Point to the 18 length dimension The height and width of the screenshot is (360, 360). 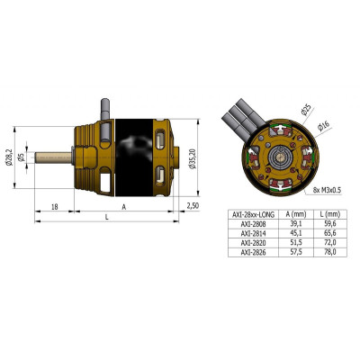(x=56, y=206)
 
